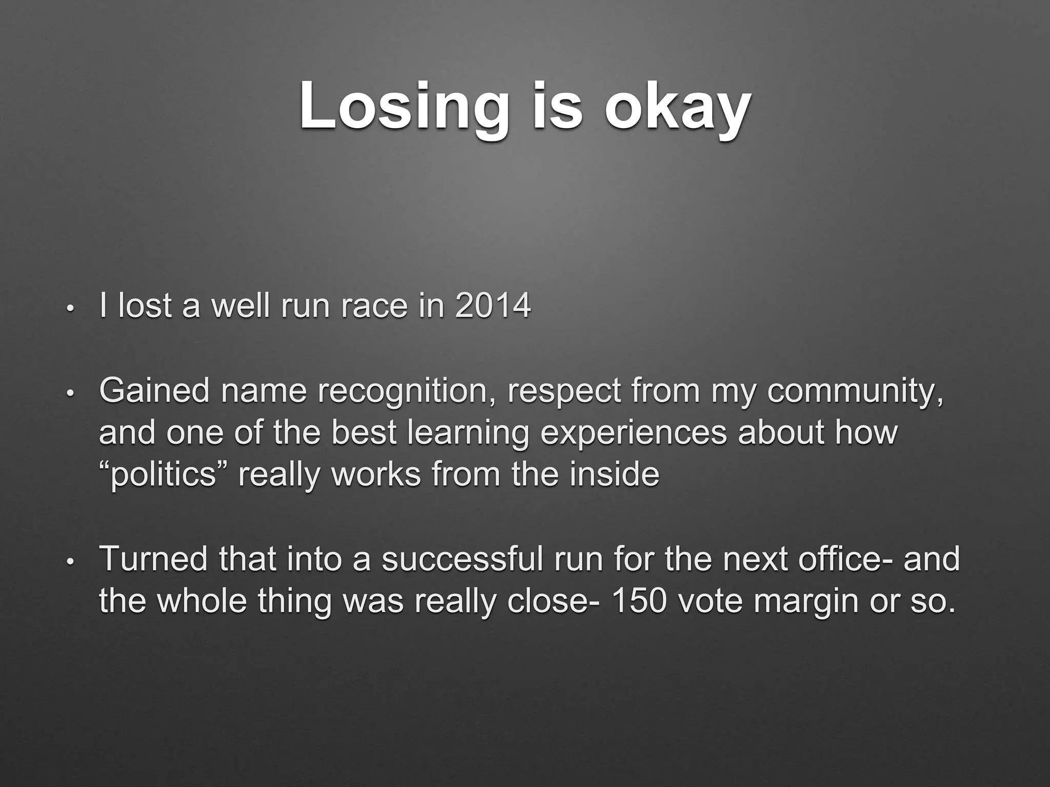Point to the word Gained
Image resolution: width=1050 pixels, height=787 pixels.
(154, 390)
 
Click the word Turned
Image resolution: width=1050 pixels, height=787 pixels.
(154, 558)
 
